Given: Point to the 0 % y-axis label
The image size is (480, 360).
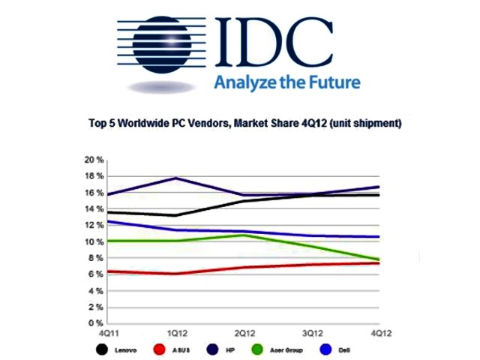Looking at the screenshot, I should (94, 323).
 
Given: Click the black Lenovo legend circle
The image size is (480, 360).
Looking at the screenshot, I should (102, 349).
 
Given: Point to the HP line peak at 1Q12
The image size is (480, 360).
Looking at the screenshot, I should (175, 178).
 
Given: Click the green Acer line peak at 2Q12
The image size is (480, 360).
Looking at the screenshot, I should (243, 235).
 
